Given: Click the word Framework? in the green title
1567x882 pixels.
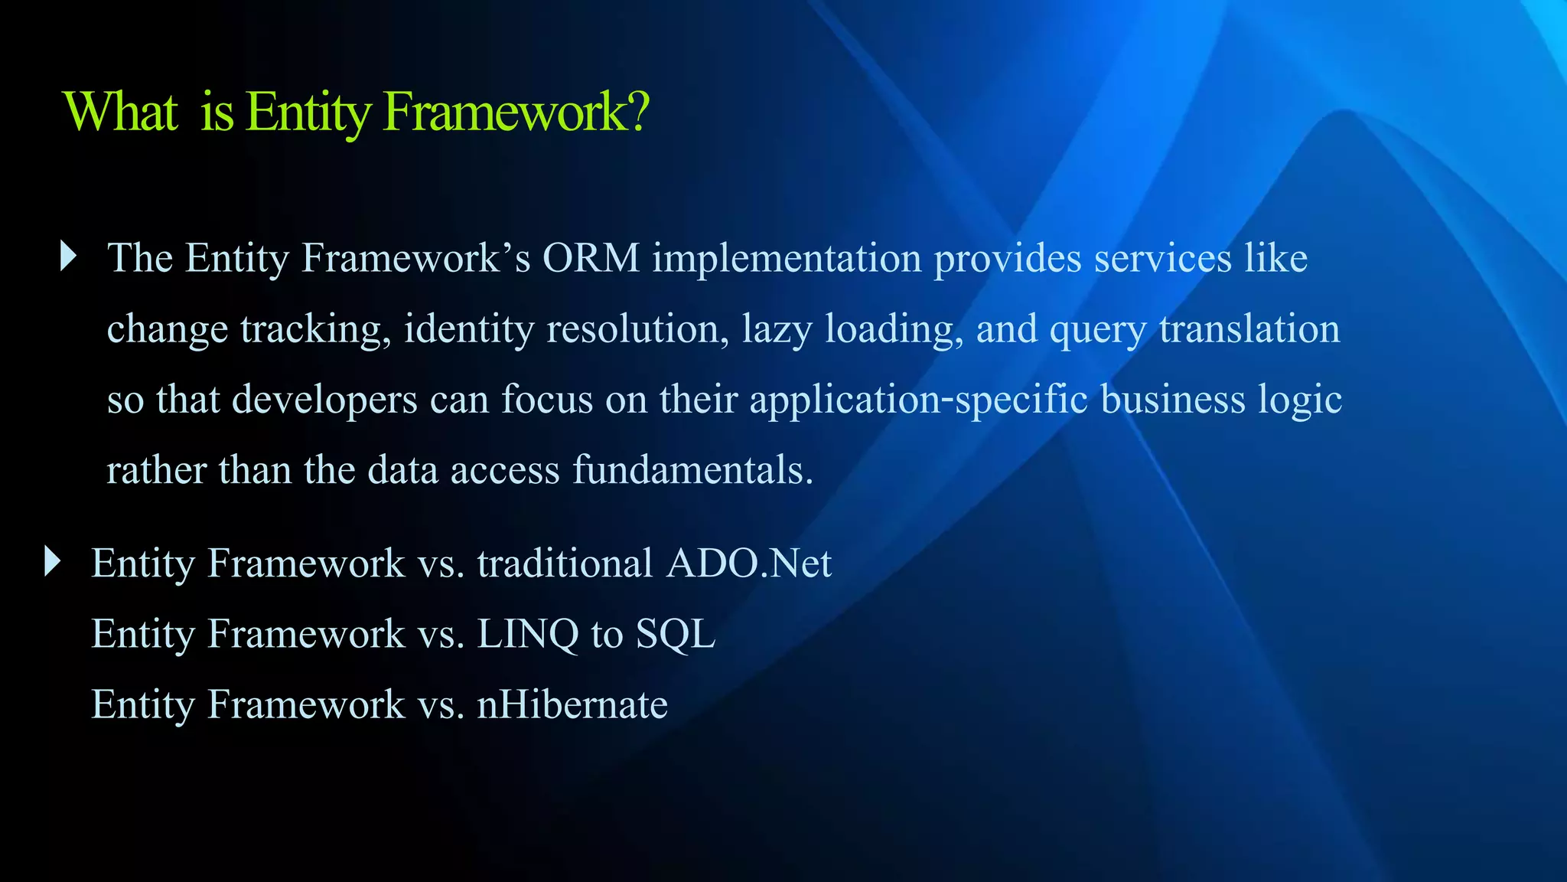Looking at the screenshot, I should coord(516,113).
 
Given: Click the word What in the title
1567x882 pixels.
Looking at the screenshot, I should coord(122,113).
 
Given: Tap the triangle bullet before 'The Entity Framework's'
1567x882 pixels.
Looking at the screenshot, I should coord(68,256).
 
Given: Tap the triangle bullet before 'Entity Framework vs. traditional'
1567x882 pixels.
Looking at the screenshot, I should coord(52,561).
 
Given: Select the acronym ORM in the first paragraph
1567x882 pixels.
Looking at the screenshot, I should coord(591,258).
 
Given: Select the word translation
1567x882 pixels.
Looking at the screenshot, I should coord(1249,328).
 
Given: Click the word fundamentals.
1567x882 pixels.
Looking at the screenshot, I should coord(693,470).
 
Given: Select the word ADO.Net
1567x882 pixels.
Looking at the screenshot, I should coord(748,564).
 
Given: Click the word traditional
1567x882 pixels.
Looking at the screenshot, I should coord(565,564).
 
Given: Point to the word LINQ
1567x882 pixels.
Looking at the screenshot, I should coord(527,635).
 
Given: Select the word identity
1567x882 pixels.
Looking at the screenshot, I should coord(469,330).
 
